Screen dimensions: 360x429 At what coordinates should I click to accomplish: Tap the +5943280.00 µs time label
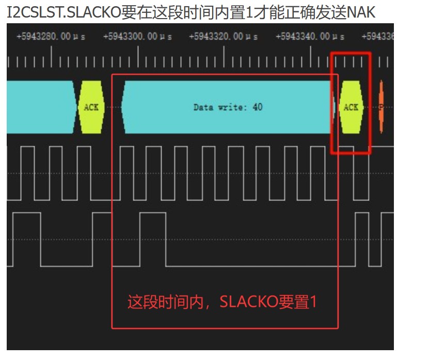click(x=50, y=37)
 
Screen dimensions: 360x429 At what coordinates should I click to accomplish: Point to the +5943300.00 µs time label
click(x=137, y=37)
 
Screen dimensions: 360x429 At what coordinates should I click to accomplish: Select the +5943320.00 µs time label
click(x=224, y=37)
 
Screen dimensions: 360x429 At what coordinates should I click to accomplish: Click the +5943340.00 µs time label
click(x=310, y=37)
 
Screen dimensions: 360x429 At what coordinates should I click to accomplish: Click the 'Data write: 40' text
click(x=228, y=107)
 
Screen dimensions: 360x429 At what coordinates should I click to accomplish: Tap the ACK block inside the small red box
click(x=351, y=107)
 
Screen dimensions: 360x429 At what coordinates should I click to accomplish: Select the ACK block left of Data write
click(x=91, y=107)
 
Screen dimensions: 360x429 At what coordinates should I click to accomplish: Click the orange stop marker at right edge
click(x=381, y=107)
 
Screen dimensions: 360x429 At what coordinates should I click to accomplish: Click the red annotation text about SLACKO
click(x=222, y=302)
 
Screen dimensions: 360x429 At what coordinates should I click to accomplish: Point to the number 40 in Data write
click(x=258, y=107)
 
